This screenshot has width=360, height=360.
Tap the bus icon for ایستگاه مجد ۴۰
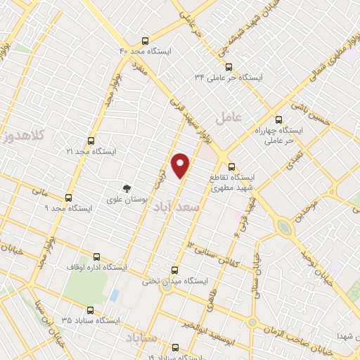click(x=145, y=41)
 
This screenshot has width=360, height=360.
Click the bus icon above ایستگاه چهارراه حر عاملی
click(x=278, y=120)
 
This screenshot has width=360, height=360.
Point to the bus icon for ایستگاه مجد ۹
click(x=68, y=198)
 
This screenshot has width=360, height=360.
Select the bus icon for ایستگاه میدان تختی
click(x=176, y=270)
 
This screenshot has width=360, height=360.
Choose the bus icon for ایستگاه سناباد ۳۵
click(x=89, y=309)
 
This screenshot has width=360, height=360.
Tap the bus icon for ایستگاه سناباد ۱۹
click(x=176, y=347)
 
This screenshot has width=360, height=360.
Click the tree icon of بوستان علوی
click(x=127, y=188)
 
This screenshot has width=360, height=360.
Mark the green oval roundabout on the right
click(x=285, y=227)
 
